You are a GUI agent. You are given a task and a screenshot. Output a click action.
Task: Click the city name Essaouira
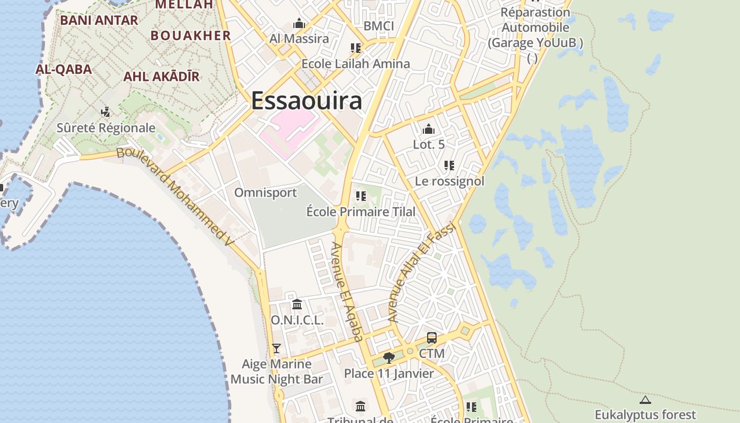click(307, 100)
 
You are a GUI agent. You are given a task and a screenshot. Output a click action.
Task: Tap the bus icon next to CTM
click(432, 337)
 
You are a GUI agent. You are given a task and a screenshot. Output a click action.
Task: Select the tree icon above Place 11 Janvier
click(389, 358)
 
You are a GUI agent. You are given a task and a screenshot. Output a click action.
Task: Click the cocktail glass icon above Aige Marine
click(276, 348)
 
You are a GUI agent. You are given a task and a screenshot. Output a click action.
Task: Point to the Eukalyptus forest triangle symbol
click(645, 400)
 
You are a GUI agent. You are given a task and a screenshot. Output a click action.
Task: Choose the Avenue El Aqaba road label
click(347, 291)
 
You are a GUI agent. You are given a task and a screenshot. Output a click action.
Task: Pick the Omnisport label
click(265, 192)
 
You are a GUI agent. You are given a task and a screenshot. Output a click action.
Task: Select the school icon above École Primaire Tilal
click(361, 197)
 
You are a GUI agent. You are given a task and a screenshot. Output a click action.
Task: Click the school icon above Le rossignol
click(449, 165)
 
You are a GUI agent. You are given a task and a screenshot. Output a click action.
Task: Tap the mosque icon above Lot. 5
click(429, 129)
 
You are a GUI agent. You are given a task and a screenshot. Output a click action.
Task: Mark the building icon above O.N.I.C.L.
click(297, 305)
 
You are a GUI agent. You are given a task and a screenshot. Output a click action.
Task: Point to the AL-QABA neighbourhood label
click(64, 69)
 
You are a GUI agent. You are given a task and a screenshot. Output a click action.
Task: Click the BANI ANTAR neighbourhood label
click(99, 21)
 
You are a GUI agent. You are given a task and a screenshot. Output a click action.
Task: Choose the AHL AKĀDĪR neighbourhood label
click(161, 77)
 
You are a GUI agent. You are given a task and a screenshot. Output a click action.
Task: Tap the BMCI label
click(379, 26)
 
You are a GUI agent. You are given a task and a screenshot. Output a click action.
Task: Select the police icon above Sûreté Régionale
click(106, 112)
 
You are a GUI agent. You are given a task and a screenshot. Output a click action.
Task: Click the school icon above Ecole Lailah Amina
click(356, 48)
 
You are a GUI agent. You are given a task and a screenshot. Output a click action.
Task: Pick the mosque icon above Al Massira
click(299, 24)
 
